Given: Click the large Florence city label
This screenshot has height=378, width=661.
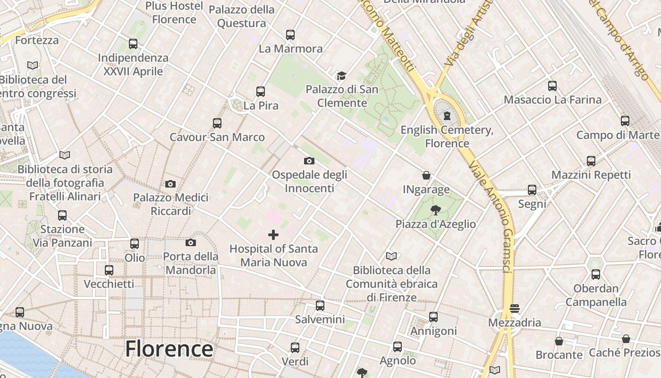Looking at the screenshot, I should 169,349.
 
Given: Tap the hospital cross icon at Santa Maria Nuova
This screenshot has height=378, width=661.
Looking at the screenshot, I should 273,235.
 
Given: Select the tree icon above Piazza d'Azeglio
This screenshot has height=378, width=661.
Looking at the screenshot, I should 436,210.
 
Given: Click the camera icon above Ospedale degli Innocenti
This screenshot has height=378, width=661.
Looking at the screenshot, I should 309,161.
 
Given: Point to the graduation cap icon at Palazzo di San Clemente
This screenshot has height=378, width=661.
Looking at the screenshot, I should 341,76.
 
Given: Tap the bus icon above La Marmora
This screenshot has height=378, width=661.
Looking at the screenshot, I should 290,34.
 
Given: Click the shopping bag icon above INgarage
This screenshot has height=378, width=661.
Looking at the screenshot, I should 426,176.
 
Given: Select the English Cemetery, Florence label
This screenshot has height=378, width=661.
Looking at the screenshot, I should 447,137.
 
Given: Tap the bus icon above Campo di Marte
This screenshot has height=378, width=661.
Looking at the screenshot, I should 625,120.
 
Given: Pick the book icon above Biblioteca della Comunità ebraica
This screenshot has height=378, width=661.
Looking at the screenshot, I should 391,257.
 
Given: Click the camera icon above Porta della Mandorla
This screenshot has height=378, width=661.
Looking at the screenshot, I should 191,243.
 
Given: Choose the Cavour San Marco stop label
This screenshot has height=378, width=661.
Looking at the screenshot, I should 217,137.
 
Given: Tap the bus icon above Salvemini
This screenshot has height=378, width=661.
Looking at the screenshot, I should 320,306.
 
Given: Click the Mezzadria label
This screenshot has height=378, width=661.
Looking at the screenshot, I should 515,323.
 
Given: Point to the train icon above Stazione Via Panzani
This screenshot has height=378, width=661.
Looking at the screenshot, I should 62,215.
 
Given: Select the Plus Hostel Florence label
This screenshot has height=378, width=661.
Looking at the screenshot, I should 174,13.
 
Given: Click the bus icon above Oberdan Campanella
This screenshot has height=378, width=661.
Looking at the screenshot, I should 596,275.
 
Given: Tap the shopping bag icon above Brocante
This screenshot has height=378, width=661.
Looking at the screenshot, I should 559,341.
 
